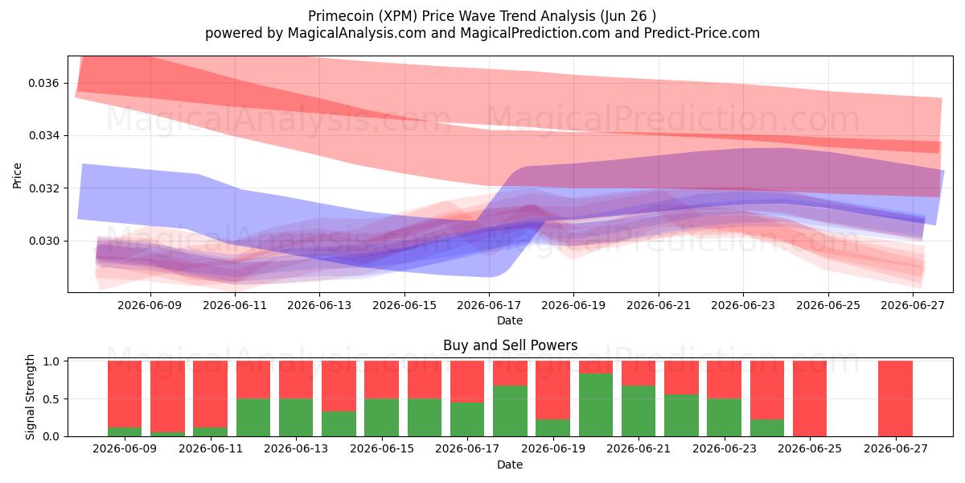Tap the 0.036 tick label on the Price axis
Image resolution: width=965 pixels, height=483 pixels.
43,83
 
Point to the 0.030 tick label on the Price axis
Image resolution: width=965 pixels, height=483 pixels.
43,241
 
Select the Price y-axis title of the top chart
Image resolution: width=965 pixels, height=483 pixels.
17,175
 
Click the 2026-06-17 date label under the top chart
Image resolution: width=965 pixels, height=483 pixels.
489,305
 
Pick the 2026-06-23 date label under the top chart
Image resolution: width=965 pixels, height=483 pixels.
743,305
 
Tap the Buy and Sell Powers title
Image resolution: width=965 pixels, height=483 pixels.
510,345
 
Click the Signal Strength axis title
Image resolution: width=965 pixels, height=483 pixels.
30,397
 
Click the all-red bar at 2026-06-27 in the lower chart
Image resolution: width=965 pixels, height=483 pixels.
895,398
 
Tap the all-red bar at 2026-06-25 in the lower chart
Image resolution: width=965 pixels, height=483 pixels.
810,398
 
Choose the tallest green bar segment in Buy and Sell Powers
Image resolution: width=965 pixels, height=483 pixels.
596,405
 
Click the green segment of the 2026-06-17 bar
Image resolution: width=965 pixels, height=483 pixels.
467,419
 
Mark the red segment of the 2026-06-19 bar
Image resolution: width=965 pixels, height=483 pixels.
552,390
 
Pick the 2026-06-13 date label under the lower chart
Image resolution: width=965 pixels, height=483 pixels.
296,448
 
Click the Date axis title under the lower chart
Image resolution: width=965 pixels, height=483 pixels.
510,464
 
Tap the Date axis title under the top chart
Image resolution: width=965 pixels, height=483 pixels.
510,320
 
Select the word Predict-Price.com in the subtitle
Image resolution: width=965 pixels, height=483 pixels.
702,33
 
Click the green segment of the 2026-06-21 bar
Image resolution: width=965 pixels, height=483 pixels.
639,411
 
